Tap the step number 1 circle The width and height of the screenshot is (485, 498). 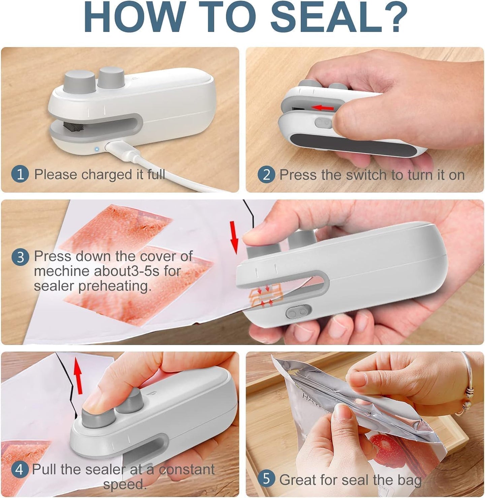tap(20, 175)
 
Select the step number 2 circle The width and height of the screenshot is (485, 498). tap(266, 175)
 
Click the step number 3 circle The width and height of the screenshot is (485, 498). tap(20, 257)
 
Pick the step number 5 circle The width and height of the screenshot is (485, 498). tap(266, 479)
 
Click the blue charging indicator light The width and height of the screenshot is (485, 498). tap(97, 149)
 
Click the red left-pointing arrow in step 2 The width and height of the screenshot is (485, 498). tap(322, 108)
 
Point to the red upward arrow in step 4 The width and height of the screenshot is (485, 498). tap(78, 376)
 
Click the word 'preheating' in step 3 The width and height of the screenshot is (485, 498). tap(115, 286)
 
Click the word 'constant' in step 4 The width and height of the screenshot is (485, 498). tap(187, 469)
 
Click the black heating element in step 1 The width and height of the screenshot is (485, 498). tap(73, 127)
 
